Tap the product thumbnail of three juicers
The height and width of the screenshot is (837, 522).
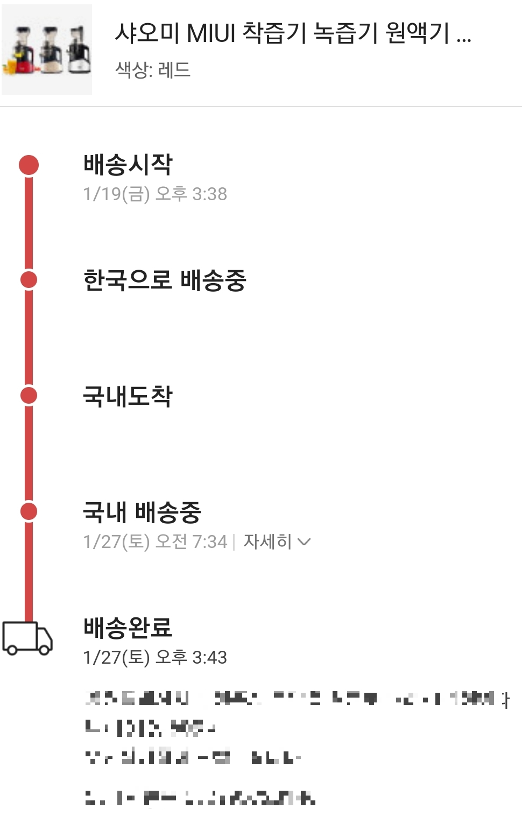point(47,50)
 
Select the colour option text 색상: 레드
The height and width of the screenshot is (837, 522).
point(153,70)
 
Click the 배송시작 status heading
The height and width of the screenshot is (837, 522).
point(128,164)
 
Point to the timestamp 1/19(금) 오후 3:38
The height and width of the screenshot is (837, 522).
point(155,194)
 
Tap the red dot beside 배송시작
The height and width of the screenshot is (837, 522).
point(29,165)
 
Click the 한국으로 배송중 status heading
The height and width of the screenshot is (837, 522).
point(165,280)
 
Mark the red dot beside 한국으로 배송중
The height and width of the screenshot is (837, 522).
point(29,280)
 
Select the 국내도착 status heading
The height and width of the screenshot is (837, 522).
point(128,396)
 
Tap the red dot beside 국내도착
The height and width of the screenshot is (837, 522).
point(29,396)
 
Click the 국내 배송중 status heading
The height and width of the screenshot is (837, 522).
point(142,512)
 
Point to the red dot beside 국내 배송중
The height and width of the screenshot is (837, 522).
point(29,511)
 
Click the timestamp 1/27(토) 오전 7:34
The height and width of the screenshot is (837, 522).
point(155,541)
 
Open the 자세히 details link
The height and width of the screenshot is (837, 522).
point(267,541)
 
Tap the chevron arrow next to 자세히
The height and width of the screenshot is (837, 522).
point(304,542)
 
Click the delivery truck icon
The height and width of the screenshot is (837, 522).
point(27,638)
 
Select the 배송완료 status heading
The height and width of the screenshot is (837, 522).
point(128,628)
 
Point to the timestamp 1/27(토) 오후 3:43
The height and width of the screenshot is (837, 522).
point(155,657)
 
